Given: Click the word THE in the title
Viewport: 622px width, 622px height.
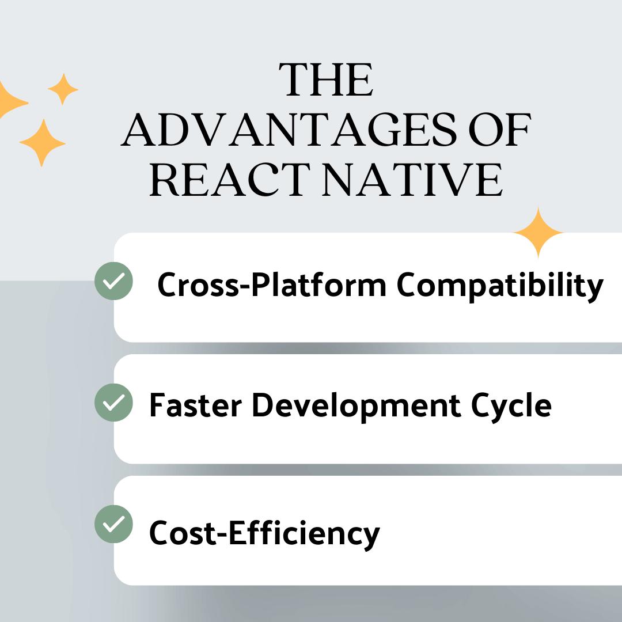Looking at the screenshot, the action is [x=325, y=79].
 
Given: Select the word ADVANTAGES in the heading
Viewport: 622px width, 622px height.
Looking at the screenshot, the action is [x=289, y=130].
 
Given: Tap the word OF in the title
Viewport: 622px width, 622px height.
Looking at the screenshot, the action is [x=499, y=130].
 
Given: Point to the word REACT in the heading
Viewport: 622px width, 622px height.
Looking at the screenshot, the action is [x=230, y=180].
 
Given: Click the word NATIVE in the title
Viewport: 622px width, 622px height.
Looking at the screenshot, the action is [x=412, y=180].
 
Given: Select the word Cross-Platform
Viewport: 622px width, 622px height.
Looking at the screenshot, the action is [x=272, y=285].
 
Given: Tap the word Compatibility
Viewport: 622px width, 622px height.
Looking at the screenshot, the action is [x=500, y=286].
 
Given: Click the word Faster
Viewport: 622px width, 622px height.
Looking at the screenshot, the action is [x=195, y=405].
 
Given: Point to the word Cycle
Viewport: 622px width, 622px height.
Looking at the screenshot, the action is [x=511, y=407].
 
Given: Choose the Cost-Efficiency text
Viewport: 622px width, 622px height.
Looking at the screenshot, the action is [x=264, y=534].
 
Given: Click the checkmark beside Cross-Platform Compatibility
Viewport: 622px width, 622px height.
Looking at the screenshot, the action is [x=114, y=281].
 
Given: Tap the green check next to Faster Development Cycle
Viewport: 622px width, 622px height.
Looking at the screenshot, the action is [x=114, y=402].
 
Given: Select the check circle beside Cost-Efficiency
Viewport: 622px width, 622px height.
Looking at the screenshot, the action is [x=114, y=524].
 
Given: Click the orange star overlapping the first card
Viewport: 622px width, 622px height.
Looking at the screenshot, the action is [x=538, y=233].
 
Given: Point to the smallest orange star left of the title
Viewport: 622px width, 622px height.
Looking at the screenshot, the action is [x=63, y=89].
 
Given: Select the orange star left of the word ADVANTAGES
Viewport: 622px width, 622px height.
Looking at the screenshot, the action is [x=43, y=143].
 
